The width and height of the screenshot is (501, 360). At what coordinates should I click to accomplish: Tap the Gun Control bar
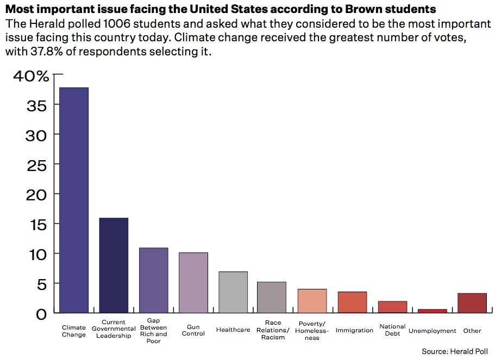click(193, 282)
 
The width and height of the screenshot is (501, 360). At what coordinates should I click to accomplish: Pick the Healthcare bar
click(233, 292)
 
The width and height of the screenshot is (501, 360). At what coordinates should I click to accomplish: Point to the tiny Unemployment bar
click(433, 311)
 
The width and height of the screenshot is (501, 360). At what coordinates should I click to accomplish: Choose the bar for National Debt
click(392, 307)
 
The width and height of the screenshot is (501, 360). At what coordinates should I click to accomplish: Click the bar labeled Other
click(472, 303)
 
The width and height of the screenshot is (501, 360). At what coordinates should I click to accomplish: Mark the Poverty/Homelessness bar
click(312, 301)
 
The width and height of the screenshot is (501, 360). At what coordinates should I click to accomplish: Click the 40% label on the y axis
click(31, 76)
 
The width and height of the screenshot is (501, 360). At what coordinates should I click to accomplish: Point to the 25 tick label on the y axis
click(37, 165)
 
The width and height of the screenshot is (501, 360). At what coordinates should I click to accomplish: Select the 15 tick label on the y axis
click(37, 224)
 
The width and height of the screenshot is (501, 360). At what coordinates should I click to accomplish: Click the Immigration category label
click(354, 330)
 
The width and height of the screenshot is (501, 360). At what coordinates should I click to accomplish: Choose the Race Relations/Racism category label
click(273, 330)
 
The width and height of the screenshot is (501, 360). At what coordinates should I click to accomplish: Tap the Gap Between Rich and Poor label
click(153, 331)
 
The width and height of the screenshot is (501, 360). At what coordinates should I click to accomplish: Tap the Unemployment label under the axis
click(433, 331)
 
